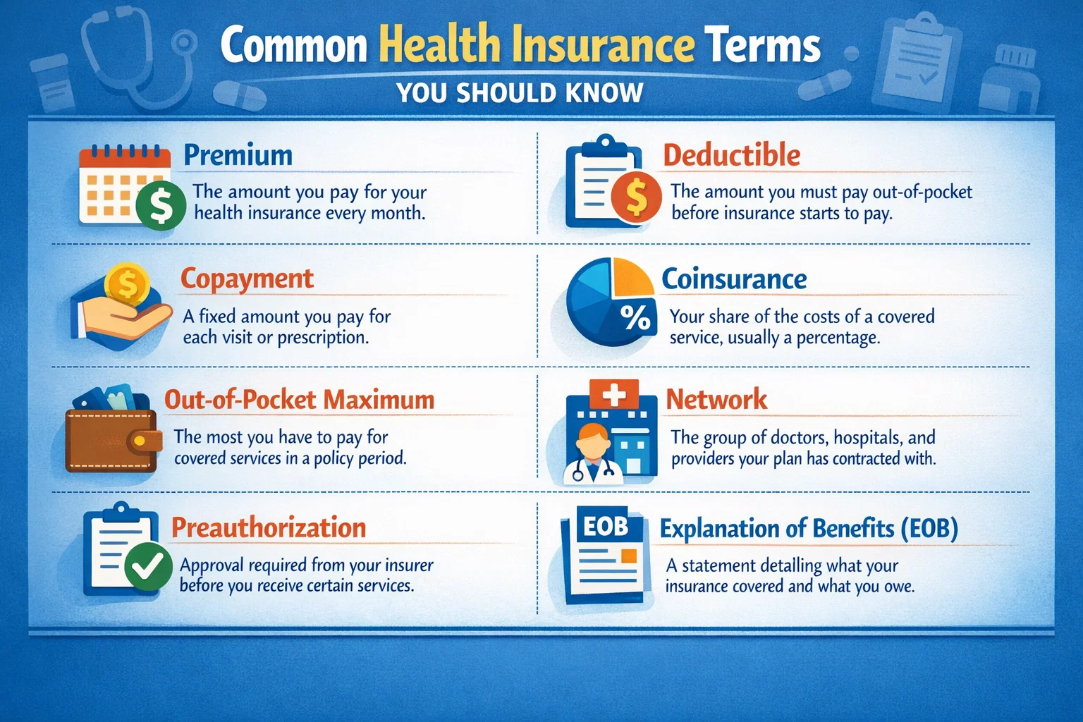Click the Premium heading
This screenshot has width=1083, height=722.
[x=238, y=155]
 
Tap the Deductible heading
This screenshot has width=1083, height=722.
[x=731, y=155]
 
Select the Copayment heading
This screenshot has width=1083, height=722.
[x=247, y=279]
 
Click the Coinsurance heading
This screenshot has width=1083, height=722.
[x=734, y=279]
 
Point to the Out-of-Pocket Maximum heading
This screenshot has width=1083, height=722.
[x=299, y=400]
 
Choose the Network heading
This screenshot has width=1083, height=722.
[x=716, y=400]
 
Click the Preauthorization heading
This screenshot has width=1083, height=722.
[x=269, y=527]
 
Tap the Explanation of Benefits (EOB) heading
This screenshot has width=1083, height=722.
[x=809, y=528]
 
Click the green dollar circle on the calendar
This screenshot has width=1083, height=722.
[x=161, y=205]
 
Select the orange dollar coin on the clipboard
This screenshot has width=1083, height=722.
[x=636, y=196]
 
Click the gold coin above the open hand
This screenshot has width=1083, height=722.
[x=128, y=284]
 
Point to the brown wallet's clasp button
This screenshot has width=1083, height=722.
[x=140, y=441]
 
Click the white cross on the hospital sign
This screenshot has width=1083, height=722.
[x=613, y=394]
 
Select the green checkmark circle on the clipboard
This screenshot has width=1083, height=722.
[x=148, y=566]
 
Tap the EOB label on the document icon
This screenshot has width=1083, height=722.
[x=605, y=526]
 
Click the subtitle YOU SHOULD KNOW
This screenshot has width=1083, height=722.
[x=520, y=93]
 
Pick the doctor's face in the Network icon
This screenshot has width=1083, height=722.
[x=594, y=441]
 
